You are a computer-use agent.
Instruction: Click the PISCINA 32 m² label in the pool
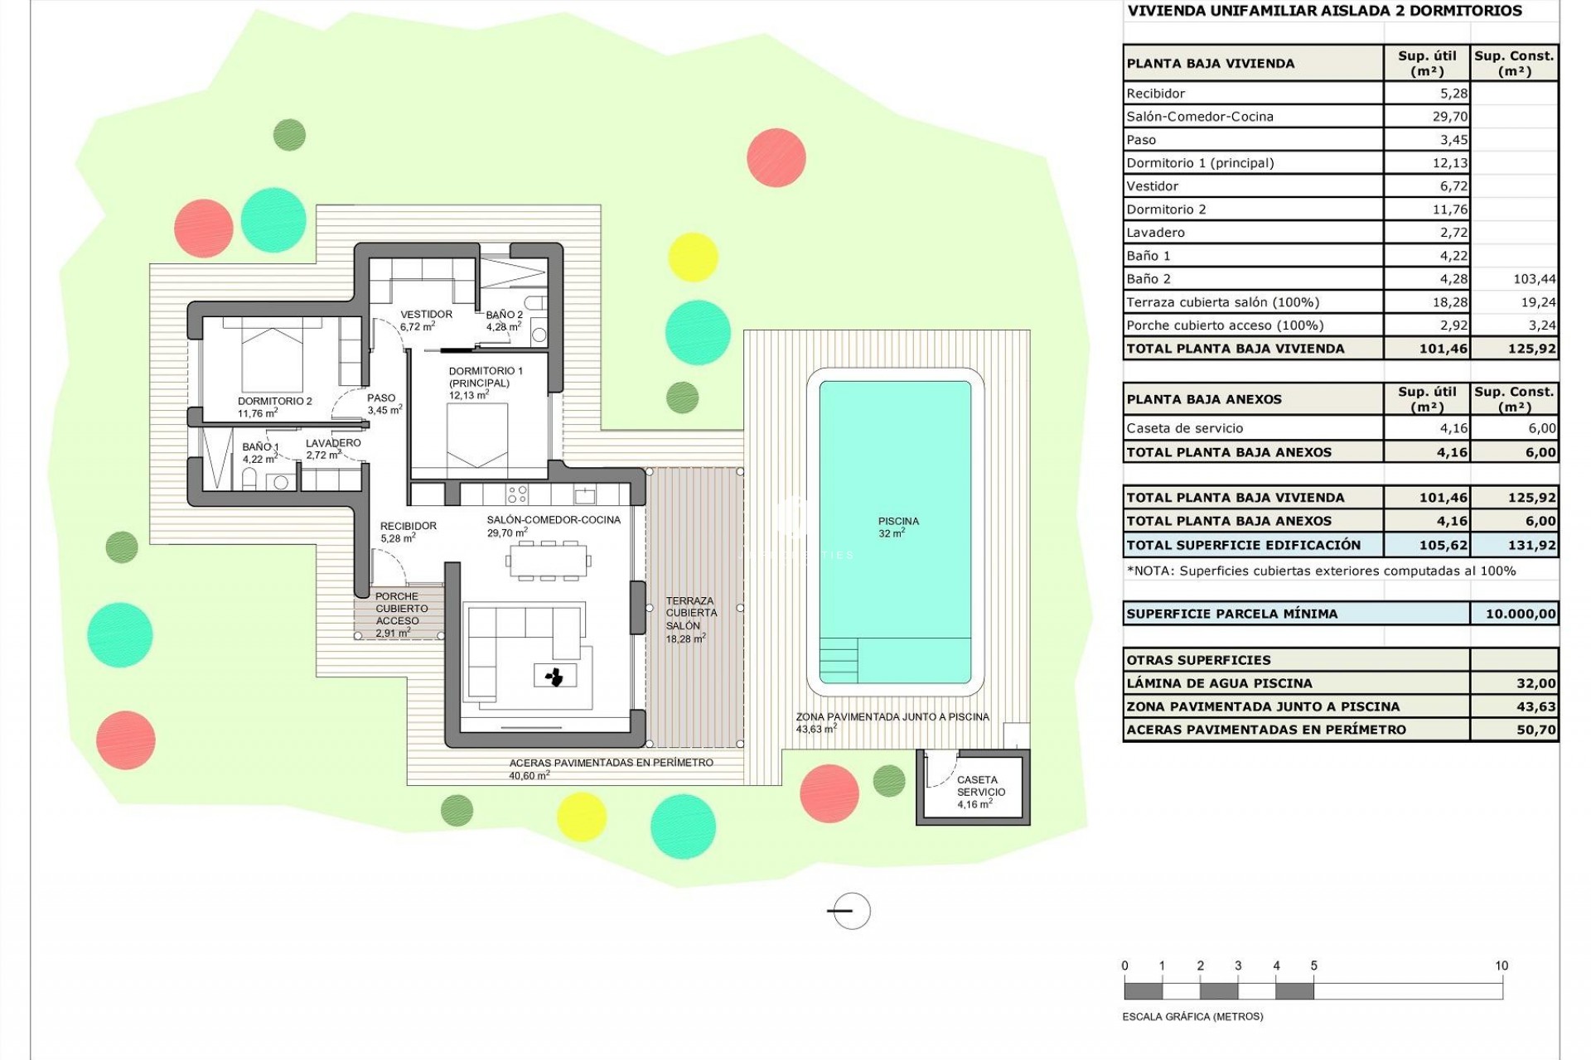[x=898, y=528]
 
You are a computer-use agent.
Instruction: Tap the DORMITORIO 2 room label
[x=274, y=407]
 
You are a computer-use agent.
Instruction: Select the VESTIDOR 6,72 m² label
[x=426, y=320]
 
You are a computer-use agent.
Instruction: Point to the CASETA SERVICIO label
[x=980, y=791]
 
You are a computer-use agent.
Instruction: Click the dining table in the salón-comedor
[x=548, y=561]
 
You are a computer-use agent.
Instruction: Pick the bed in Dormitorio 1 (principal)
[x=476, y=436]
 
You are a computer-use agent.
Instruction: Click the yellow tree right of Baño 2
[x=692, y=257]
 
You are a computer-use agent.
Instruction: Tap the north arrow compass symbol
[x=850, y=911]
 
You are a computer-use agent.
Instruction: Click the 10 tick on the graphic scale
[x=1501, y=966]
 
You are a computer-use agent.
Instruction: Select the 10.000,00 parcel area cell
[x=1514, y=614]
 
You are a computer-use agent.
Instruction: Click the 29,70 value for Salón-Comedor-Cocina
[x=1449, y=117]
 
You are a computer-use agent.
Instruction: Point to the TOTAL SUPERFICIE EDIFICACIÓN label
[x=1243, y=545]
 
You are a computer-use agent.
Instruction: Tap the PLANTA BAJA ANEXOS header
[x=1204, y=399]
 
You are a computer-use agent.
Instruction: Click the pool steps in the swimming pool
[x=839, y=660]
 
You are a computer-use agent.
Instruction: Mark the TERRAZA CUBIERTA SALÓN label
[x=691, y=619]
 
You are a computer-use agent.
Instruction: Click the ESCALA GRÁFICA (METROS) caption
[x=1192, y=1016]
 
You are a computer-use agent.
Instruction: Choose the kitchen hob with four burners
[x=517, y=494]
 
